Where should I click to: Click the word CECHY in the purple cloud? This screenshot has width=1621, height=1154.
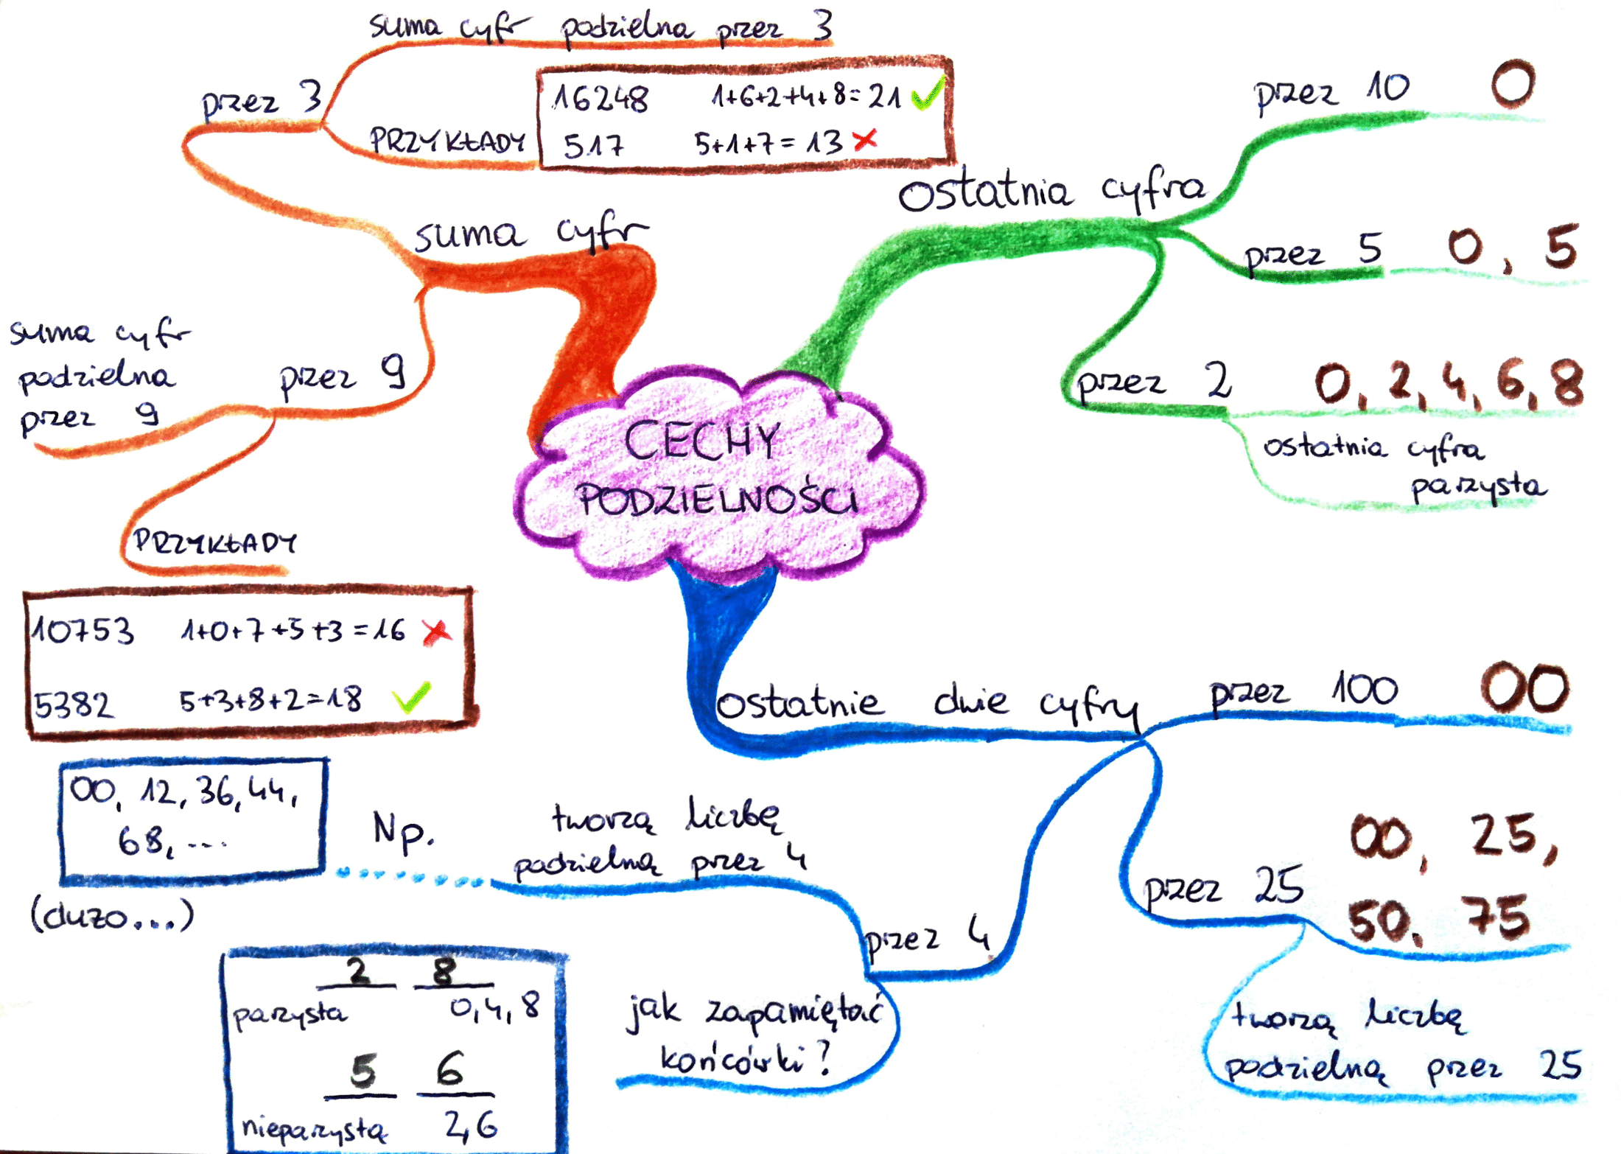701,441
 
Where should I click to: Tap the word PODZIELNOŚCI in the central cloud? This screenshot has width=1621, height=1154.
716,499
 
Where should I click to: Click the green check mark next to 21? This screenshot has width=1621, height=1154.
928,93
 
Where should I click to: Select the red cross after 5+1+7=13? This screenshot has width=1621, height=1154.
865,139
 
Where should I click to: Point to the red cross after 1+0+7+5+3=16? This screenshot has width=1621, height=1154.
437,632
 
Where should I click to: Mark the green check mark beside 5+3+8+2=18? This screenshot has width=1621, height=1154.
411,696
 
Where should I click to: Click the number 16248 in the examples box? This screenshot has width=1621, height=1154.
601,98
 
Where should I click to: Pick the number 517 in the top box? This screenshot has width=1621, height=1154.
593,145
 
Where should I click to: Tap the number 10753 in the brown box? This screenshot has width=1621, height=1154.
83,630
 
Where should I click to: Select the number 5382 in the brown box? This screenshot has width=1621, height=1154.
74,705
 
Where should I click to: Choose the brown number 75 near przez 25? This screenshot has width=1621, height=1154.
1499,917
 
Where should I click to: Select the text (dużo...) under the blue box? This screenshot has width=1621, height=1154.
112,916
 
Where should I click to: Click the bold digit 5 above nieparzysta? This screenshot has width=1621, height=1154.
363,1070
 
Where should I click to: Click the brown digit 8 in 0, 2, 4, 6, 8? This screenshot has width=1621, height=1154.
1567,382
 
